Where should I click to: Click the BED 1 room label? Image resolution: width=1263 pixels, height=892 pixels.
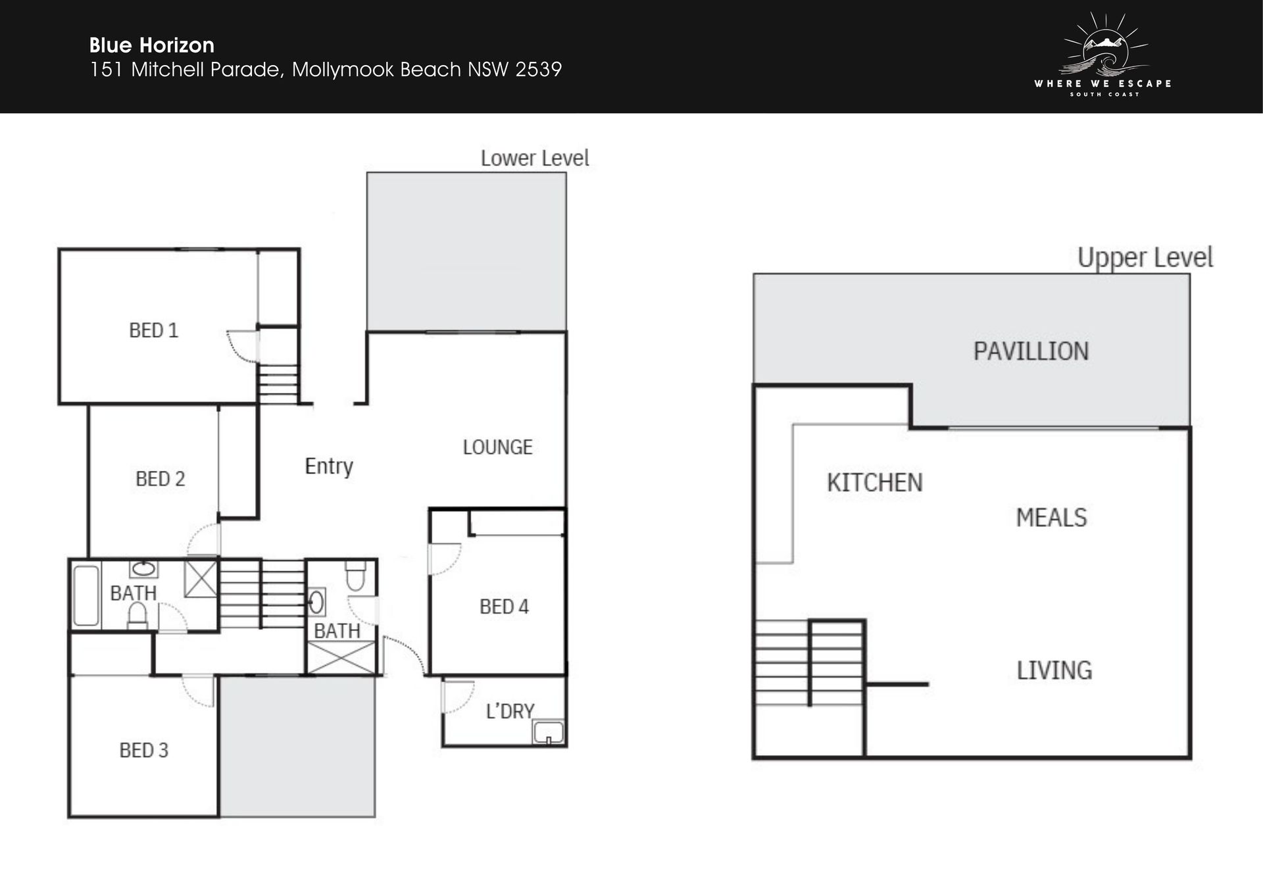[153, 330]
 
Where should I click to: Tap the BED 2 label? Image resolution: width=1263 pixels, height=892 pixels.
[160, 479]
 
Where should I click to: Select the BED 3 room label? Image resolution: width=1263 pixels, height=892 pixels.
[143, 750]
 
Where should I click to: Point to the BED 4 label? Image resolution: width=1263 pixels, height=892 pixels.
[504, 607]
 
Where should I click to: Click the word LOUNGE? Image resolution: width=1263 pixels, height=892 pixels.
[497, 447]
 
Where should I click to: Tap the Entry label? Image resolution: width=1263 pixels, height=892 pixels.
[329, 466]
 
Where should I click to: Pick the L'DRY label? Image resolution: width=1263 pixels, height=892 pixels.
[510, 711]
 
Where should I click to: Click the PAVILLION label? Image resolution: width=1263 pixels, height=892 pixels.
[1031, 351]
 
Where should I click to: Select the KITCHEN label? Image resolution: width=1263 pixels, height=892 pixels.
[874, 483]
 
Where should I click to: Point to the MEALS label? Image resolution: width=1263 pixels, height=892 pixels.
[1051, 518]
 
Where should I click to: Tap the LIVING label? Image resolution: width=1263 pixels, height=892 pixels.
[1054, 670]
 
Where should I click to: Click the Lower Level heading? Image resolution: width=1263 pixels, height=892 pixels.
[535, 158]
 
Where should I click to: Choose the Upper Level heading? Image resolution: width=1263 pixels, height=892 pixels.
[1145, 258]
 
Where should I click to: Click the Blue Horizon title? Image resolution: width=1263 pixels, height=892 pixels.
[152, 45]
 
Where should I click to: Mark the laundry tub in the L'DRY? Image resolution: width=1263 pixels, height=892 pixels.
[549, 732]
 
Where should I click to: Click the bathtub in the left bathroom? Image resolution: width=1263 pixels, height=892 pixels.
[86, 595]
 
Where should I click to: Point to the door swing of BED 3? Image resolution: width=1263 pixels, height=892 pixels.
[198, 691]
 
